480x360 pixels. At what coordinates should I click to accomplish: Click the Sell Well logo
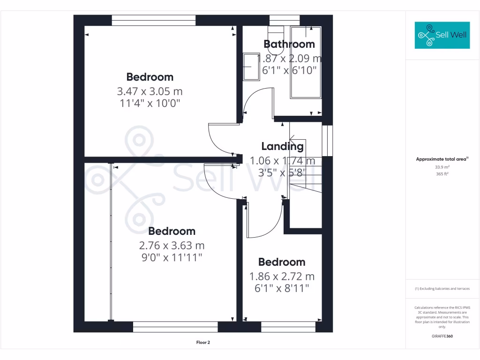click(x=442, y=35)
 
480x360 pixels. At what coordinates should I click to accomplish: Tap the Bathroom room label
click(x=289, y=45)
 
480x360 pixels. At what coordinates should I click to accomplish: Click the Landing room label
click(x=282, y=146)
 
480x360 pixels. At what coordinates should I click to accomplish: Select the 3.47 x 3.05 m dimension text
click(x=150, y=91)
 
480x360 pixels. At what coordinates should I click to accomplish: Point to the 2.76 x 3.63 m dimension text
click(x=172, y=245)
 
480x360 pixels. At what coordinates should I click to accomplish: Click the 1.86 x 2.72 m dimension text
click(x=282, y=276)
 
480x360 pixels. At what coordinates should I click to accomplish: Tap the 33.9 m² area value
click(x=443, y=167)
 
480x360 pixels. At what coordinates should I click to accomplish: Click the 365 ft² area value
click(x=443, y=174)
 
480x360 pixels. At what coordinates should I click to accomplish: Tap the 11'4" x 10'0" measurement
click(x=150, y=103)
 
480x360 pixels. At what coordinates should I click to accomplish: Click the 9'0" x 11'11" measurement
click(x=172, y=257)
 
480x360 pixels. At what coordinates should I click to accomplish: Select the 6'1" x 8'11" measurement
click(x=282, y=288)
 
